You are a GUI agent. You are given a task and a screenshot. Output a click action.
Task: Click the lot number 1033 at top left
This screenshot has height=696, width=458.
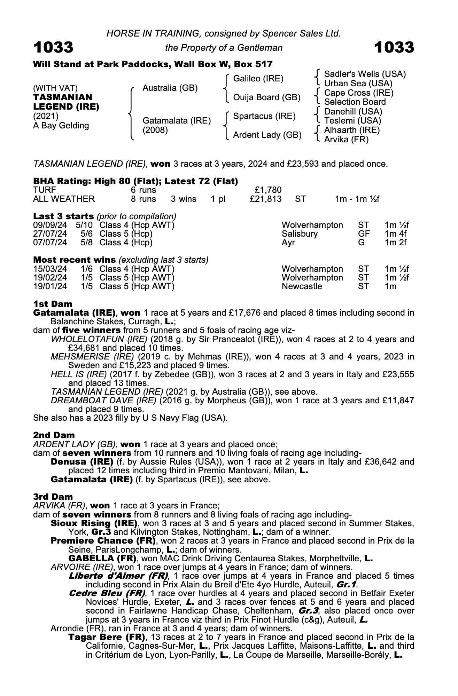53,47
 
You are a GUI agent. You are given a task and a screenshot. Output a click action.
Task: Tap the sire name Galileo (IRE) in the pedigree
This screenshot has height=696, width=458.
258,79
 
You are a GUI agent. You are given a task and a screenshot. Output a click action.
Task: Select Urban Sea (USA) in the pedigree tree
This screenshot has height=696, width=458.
358,84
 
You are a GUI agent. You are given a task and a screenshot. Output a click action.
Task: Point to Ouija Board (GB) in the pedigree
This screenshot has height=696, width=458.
266,97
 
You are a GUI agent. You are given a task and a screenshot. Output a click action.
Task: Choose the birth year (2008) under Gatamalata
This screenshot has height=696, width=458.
155,130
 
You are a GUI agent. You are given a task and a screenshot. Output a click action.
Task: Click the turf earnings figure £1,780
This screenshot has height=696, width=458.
268,190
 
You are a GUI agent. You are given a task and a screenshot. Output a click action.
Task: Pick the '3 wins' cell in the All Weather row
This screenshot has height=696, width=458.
184,199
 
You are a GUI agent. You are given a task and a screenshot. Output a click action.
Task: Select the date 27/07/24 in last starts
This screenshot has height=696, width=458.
50,234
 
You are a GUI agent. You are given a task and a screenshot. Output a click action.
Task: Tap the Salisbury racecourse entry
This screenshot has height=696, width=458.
300,234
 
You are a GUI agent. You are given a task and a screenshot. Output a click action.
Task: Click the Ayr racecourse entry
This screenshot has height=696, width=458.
288,243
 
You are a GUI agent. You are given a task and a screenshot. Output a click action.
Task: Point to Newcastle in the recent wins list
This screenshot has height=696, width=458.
302,286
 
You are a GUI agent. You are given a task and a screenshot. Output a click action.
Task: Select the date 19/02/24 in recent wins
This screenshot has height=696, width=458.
50,278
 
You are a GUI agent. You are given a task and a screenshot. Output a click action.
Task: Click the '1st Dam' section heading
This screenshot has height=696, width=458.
53,304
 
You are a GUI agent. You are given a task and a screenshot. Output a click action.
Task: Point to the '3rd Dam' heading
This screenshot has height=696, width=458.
53,497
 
